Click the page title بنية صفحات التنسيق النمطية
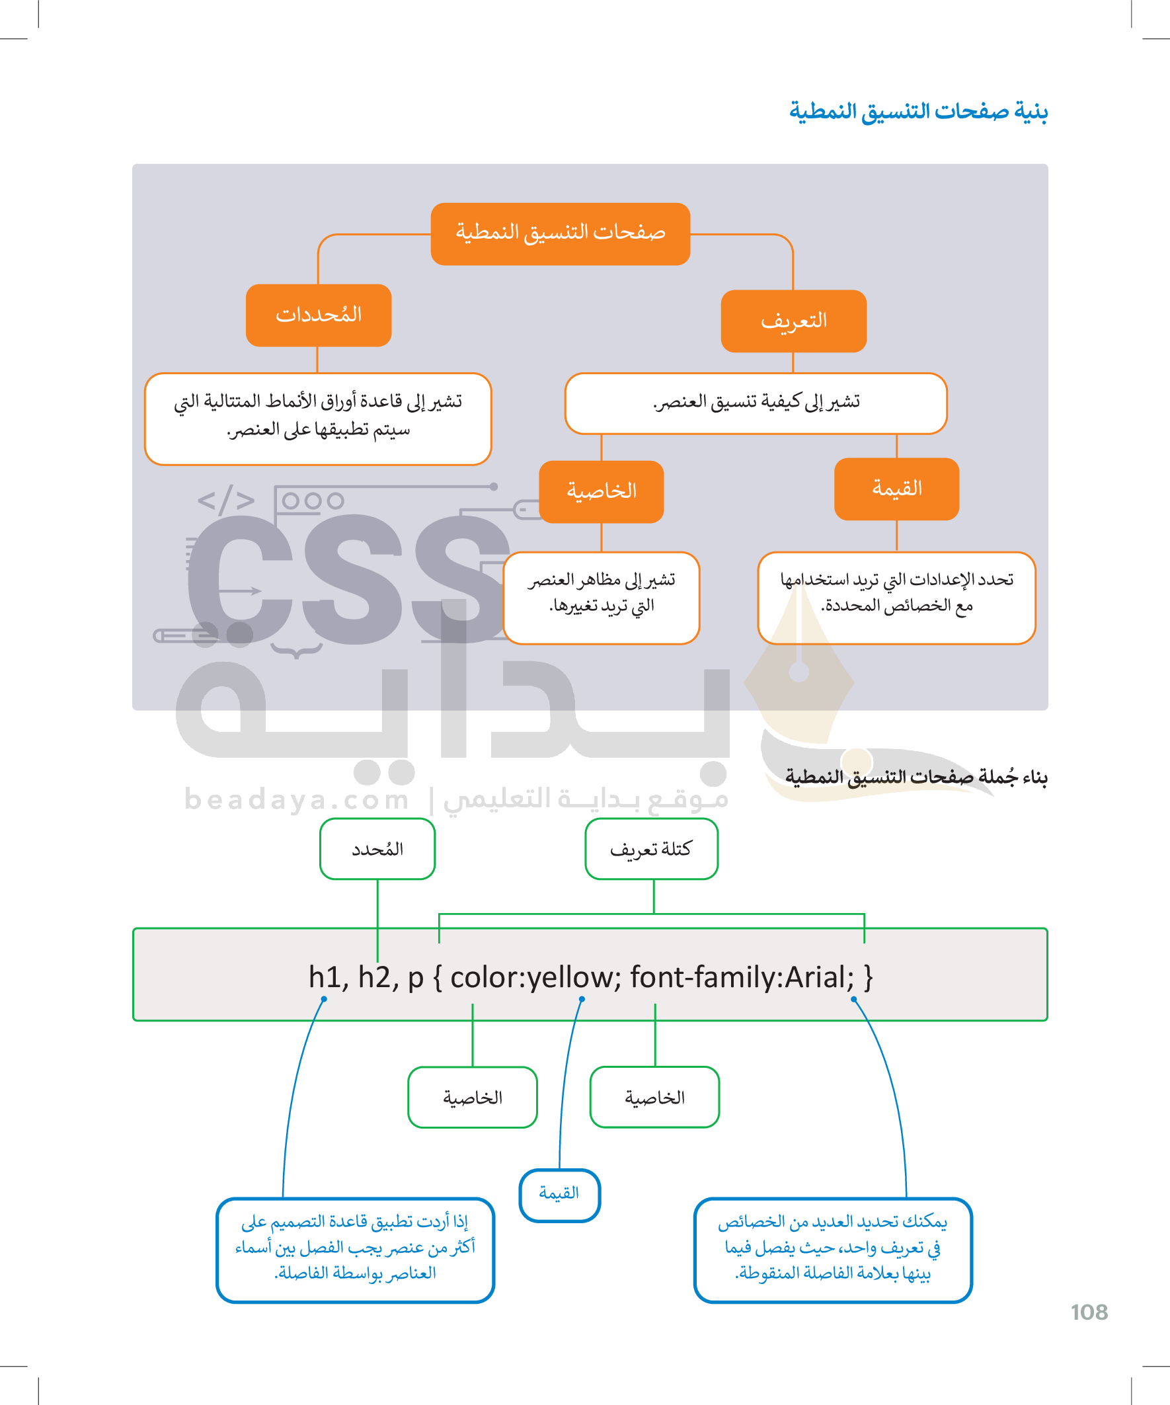point(917,110)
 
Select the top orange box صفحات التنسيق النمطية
point(560,233)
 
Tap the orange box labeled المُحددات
point(319,315)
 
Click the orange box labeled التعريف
point(793,321)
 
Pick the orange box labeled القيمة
point(896,489)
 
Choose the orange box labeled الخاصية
point(602,492)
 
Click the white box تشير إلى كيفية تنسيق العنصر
point(756,403)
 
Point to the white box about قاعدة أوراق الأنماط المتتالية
point(318,418)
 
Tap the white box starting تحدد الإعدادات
point(896,598)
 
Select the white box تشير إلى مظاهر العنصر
point(602,598)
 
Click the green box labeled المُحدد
point(377,849)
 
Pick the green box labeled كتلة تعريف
point(652,849)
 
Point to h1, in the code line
point(329,977)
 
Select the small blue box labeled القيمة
point(559,1195)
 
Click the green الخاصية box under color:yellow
point(472,1098)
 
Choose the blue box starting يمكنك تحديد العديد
point(833,1250)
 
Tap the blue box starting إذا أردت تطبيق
point(355,1250)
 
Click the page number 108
point(1089,1312)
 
